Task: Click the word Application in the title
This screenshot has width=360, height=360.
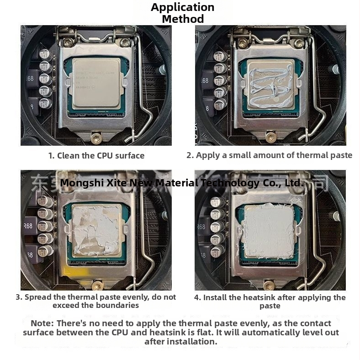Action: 182,7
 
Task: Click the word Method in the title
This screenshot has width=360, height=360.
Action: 182,19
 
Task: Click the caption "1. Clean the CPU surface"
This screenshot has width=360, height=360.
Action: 96,155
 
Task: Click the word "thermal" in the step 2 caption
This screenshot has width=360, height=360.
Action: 312,155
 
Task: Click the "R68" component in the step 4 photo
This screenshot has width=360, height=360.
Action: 201,227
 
